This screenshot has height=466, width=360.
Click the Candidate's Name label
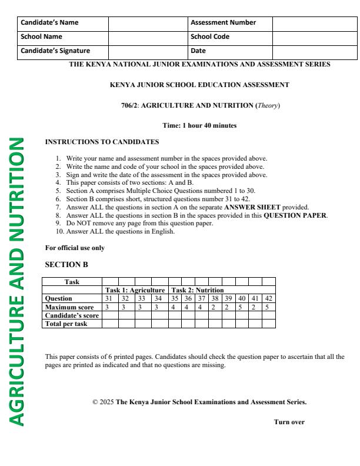pyautogui.click(x=50, y=22)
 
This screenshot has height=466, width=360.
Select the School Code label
pyautogui.click(x=209, y=36)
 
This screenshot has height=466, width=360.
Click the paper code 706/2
pyautogui.click(x=130, y=105)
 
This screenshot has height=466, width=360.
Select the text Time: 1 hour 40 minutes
pyautogui.click(x=199, y=125)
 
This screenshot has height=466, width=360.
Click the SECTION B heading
pyautogui.click(x=66, y=264)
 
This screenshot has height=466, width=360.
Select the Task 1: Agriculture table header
pyautogui.click(x=135, y=290)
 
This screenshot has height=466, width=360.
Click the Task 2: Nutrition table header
pyautogui.click(x=196, y=290)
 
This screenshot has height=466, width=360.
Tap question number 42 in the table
pyautogui.click(x=269, y=298)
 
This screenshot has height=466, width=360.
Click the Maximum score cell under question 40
pyautogui.click(x=241, y=307)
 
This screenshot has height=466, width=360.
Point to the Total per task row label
pyautogui.click(x=66, y=323)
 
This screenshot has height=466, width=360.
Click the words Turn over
pyautogui.click(x=289, y=421)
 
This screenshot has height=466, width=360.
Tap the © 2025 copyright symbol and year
pyautogui.click(x=103, y=402)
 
